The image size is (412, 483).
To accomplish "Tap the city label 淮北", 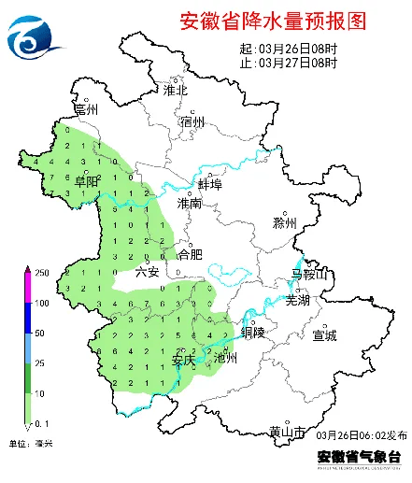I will (176, 91).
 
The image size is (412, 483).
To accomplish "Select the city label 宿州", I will (192, 121).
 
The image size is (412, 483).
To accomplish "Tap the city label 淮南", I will (190, 203).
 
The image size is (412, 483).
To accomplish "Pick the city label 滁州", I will (284, 223).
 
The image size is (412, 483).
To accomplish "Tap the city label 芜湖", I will (296, 301).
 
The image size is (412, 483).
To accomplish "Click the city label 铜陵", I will (253, 332).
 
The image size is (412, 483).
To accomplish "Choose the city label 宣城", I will (324, 334).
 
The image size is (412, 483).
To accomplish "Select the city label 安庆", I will (184, 359).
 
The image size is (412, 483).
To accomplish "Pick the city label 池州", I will (226, 357).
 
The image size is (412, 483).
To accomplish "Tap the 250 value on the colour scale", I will (42, 272).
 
